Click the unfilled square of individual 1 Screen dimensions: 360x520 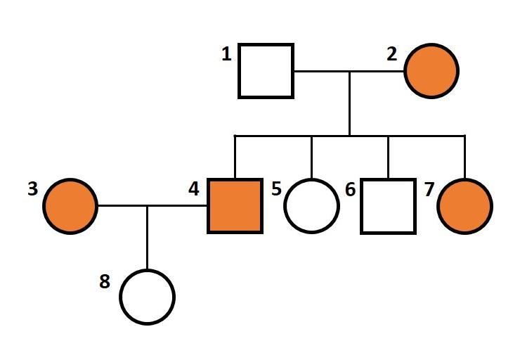(x=266, y=70)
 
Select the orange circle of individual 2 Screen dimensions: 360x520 (x=431, y=70)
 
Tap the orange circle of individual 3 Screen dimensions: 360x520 (x=70, y=206)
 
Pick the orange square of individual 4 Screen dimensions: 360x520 (x=235, y=206)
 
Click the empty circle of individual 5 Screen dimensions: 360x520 (x=311, y=206)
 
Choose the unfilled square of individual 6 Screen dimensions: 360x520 (x=388, y=206)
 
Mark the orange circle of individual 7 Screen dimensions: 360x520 (x=464, y=206)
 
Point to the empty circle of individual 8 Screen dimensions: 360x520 (x=147, y=297)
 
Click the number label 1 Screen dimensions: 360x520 (x=226, y=54)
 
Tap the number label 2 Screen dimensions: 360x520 (x=392, y=54)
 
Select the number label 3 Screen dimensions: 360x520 (x=32, y=189)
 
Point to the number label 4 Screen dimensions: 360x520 (x=194, y=189)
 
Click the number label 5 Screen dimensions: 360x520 (x=276, y=189)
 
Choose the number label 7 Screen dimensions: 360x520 (x=427, y=189)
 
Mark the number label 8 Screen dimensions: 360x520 (x=105, y=281)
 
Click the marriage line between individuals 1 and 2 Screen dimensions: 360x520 (x=323, y=70)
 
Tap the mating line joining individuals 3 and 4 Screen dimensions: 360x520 (x=176, y=206)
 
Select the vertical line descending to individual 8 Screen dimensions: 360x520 (x=147, y=239)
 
